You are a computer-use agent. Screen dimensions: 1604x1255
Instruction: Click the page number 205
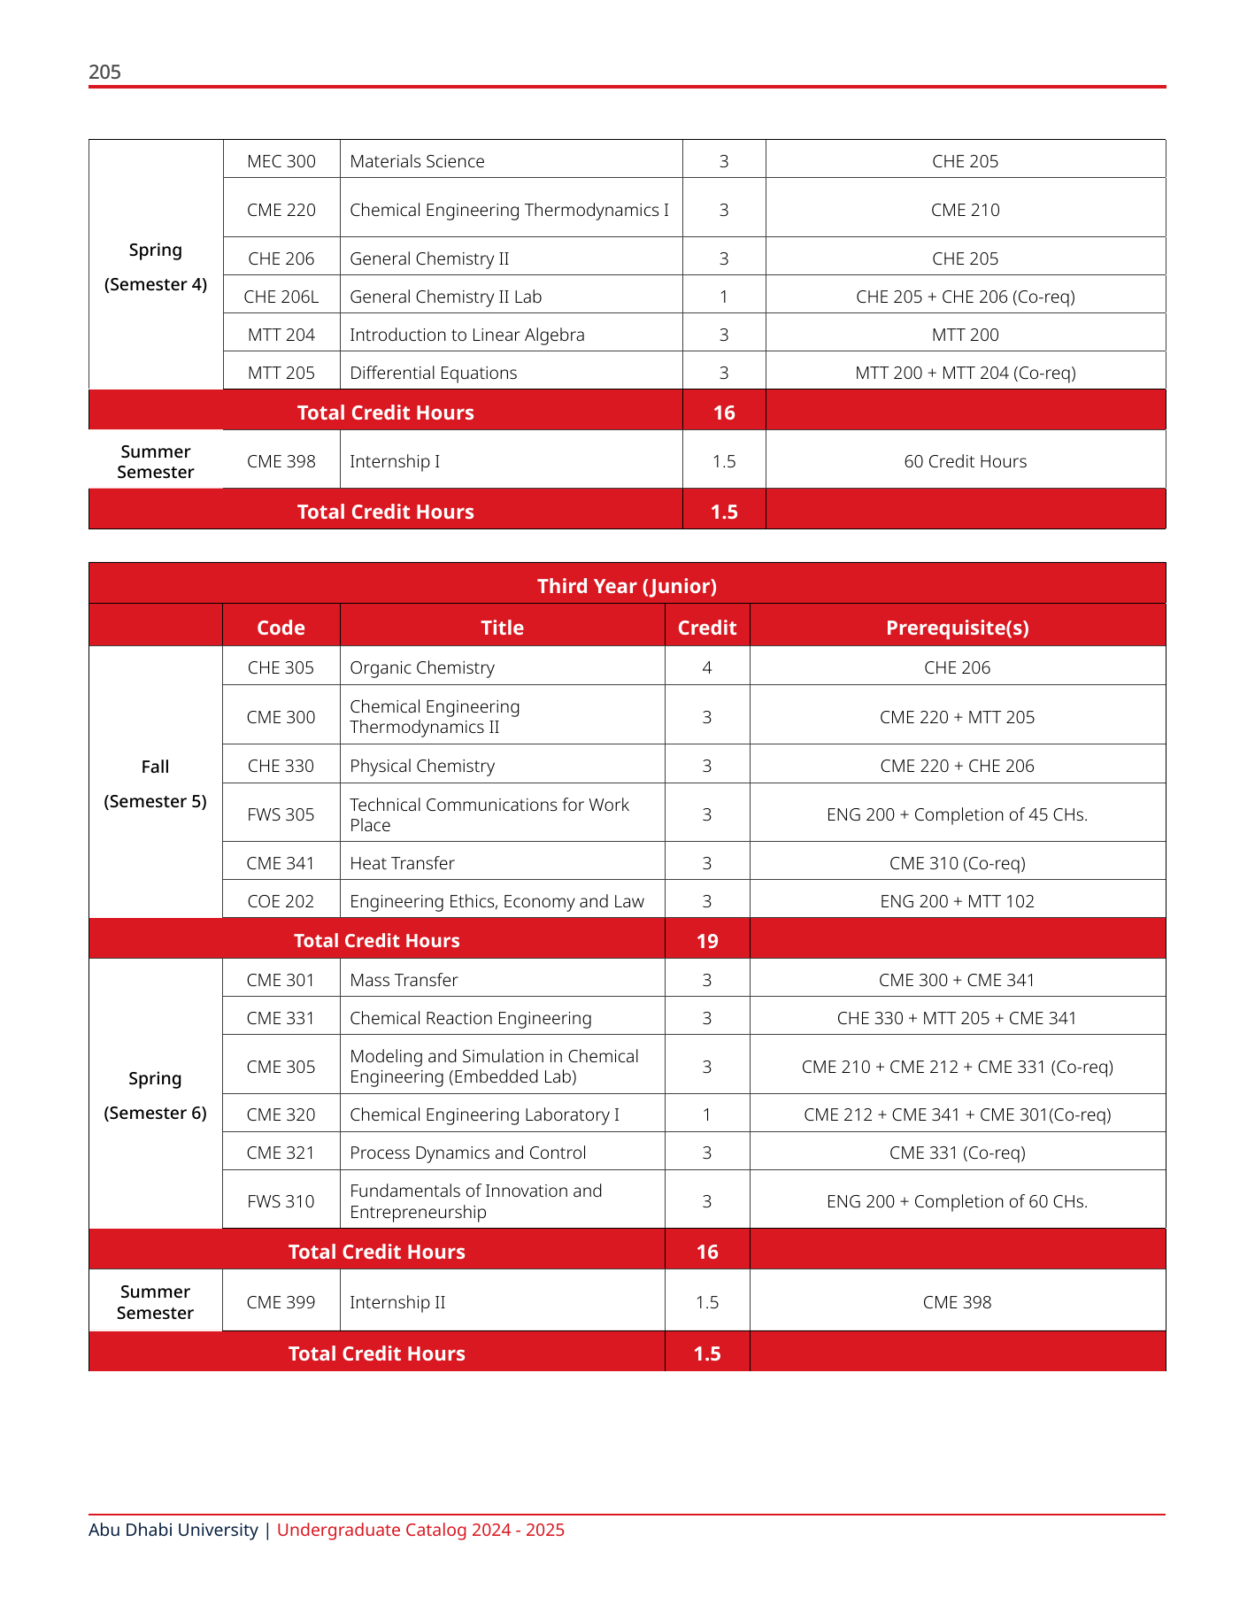(104, 73)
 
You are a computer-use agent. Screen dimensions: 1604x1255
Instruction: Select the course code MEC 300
(281, 161)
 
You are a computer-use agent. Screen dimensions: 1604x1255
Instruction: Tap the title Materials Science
(417, 161)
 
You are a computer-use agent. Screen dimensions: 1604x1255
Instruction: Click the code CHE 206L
(281, 297)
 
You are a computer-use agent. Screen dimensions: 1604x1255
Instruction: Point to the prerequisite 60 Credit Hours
(965, 461)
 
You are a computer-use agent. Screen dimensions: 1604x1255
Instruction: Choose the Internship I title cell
(395, 461)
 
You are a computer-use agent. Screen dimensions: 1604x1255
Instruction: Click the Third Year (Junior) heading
(627, 586)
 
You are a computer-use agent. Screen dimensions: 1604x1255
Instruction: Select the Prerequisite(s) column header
(957, 628)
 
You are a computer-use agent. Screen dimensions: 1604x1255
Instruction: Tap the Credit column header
(706, 628)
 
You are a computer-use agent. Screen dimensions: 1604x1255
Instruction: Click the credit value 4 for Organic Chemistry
(706, 667)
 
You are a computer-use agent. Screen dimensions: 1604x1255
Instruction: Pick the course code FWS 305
(281, 814)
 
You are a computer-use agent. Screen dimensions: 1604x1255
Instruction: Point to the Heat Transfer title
(402, 863)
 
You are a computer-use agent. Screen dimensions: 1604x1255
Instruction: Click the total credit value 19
(707, 941)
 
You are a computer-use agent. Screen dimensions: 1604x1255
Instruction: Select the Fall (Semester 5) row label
(155, 783)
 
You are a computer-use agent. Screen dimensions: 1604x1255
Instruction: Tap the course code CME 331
(281, 1018)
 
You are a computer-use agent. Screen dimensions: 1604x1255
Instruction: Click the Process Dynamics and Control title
(467, 1153)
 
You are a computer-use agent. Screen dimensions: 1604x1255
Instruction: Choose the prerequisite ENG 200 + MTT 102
(957, 901)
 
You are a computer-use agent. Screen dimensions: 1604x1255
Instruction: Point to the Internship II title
(397, 1302)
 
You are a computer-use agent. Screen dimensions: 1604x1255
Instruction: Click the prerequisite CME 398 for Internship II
(957, 1302)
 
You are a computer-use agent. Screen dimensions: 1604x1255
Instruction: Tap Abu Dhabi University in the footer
(173, 1530)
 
